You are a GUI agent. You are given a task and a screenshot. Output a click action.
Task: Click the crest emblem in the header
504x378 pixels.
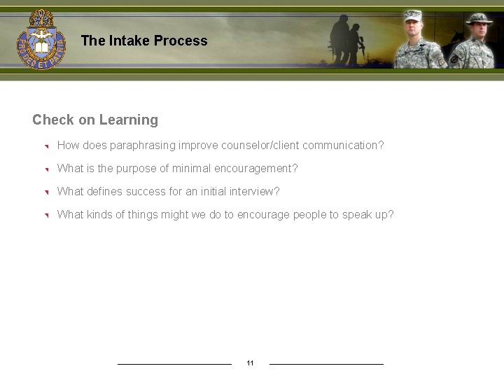pyautogui.click(x=41, y=39)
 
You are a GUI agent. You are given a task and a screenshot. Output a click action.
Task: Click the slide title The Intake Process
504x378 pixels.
pyautogui.click(x=144, y=41)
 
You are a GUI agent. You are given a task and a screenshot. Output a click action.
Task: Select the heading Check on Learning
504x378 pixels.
pyautogui.click(x=95, y=120)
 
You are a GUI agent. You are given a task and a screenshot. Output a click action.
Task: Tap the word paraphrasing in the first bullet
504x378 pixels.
pyautogui.click(x=142, y=146)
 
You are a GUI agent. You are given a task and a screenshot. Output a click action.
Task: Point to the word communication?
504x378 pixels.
pyautogui.click(x=343, y=146)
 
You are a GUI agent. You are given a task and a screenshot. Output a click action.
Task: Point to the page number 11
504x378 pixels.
pyautogui.click(x=250, y=363)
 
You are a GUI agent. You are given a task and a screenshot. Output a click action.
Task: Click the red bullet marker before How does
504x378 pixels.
pyautogui.click(x=44, y=146)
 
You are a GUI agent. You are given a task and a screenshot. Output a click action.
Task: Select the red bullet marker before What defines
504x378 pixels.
pyautogui.click(x=44, y=192)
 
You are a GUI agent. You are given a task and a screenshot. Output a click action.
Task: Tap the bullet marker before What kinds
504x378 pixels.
pyautogui.click(x=44, y=216)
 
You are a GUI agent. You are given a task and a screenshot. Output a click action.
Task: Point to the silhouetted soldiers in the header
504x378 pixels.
pyautogui.click(x=348, y=38)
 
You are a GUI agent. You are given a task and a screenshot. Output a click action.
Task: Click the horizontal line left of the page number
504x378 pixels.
pyautogui.click(x=174, y=364)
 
